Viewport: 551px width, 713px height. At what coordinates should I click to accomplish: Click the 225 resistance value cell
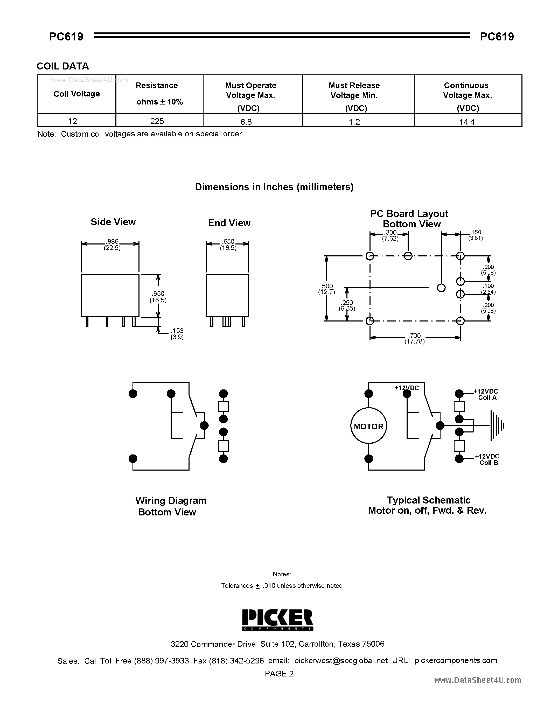[157, 121]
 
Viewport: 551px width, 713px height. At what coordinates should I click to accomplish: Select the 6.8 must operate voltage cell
[246, 122]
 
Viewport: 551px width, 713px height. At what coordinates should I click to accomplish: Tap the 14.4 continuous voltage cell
[467, 122]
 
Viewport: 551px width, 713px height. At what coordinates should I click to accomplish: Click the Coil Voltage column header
[76, 94]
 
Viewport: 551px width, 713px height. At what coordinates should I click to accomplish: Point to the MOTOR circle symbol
[368, 426]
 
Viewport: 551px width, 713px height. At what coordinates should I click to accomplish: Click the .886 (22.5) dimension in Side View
[112, 244]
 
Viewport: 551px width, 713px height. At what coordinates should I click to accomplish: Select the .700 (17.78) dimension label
[415, 339]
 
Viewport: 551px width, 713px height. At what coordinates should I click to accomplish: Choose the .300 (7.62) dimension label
[390, 235]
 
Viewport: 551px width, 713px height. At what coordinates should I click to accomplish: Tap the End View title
[229, 223]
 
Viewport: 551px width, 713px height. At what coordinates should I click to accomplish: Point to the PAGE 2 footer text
[279, 674]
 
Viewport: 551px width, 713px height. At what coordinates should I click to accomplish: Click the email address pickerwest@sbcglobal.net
[341, 660]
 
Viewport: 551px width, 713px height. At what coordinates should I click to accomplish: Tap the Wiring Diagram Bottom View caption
[170, 506]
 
